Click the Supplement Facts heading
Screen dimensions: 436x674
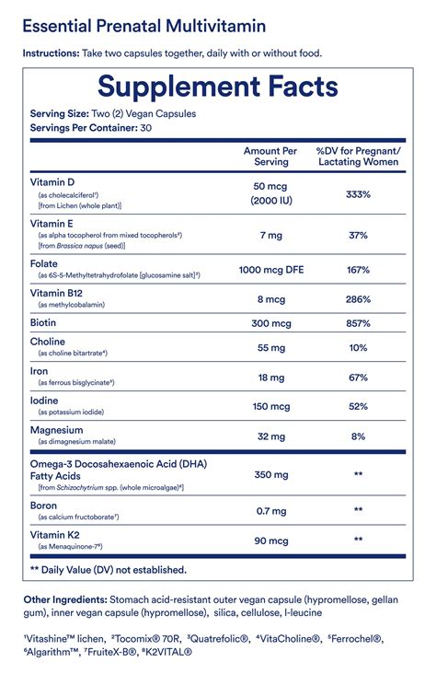pos(217,87)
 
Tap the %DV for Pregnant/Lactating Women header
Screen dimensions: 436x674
pos(358,156)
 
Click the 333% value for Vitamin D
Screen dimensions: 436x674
pos(358,194)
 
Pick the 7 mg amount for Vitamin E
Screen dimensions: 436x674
pos(270,235)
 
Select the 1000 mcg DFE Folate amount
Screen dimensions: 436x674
pos(270,270)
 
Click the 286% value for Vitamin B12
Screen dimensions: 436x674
pos(358,299)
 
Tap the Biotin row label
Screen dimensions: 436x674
pos(45,323)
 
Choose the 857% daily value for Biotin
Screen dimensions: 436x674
pos(358,324)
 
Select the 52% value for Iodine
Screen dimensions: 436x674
pos(358,407)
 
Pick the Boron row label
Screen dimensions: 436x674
pos(45,503)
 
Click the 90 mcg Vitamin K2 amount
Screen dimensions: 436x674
pos(270,539)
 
